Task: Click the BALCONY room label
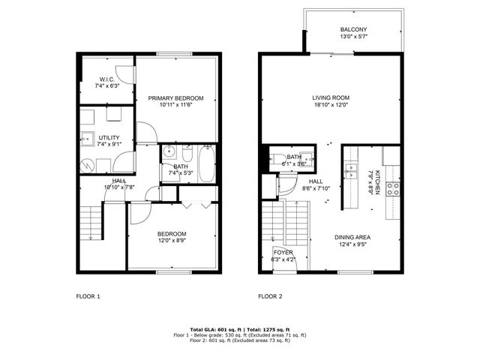[x=354, y=29]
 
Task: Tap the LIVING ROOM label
[x=331, y=98]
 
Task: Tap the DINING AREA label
[x=352, y=238]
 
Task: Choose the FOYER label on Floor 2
[x=283, y=253]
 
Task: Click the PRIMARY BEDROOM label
[x=176, y=98]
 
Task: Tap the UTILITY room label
[x=109, y=138]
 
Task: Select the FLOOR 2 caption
[x=270, y=296]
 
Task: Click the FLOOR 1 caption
[x=88, y=296]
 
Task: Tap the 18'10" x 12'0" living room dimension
[x=331, y=106]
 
